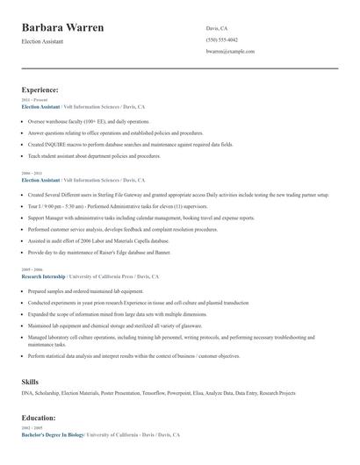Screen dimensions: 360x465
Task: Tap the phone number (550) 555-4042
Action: pyautogui.click(x=222, y=39)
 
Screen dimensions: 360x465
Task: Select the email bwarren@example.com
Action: pyautogui.click(x=230, y=52)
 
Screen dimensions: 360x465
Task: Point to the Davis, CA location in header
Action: pyautogui.click(x=216, y=28)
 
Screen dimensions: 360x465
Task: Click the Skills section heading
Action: pyautogui.click(x=30, y=383)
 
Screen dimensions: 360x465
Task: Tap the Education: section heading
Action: pyautogui.click(x=39, y=418)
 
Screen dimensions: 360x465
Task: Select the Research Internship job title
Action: pyautogui.click(x=44, y=276)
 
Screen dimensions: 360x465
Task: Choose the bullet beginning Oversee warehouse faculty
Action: pyautogui.click(x=88, y=121)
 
